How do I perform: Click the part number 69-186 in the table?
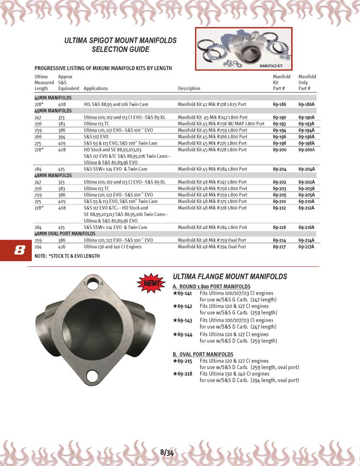(x=280, y=104)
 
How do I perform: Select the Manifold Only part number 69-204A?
(x=306, y=169)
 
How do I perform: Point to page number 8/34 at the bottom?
(x=167, y=452)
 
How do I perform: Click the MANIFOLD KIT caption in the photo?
(x=272, y=66)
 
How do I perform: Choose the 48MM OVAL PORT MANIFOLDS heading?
(x=65, y=233)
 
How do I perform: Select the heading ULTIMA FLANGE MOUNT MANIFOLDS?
(x=229, y=276)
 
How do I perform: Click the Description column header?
(x=189, y=88)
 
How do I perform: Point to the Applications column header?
(x=96, y=88)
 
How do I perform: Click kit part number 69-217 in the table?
(x=280, y=247)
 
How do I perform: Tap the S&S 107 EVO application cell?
(x=97, y=136)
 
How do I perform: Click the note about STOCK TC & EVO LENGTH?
(x=67, y=256)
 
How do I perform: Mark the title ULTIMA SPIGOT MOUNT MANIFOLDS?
(x=120, y=41)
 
